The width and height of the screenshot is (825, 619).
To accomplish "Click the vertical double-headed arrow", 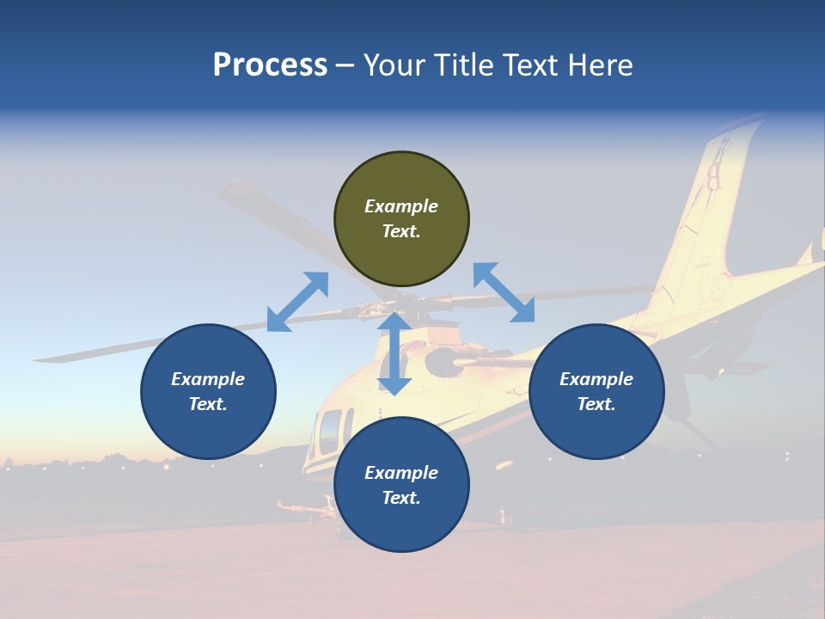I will pos(394,353).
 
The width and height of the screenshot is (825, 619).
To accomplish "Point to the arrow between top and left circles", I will pos(297,302).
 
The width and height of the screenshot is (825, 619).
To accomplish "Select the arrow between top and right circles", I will pos(504,292).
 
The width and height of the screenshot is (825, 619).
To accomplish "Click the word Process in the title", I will pos(270,65).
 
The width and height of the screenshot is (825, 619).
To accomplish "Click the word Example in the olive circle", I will pos(401,206).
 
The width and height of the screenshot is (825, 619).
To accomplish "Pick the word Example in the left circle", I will pos(208,379).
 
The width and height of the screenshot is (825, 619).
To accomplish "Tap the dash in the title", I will pos(345,65).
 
